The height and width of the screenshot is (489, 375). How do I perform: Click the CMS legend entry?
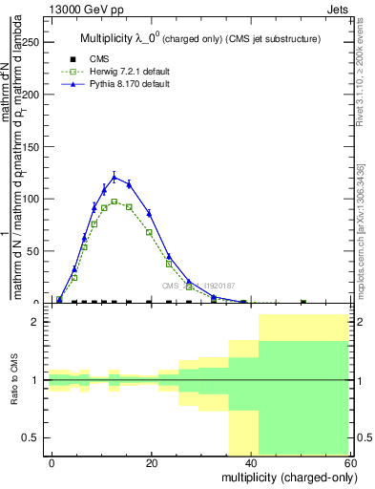85,57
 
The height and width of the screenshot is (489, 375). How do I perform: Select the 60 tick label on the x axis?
350,461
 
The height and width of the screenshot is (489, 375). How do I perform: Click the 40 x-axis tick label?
250,461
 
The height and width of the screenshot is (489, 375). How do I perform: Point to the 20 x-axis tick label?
151,461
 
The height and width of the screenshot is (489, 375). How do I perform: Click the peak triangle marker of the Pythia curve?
115,178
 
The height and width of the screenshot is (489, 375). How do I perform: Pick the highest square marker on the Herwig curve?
115,202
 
